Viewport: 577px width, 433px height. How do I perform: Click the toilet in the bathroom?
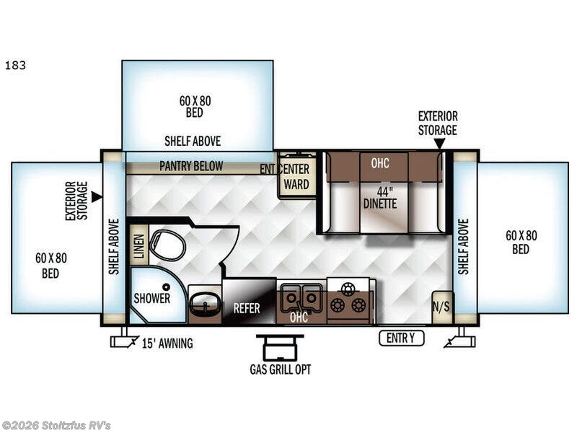[x=167, y=245]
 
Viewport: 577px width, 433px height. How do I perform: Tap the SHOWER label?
[x=152, y=298]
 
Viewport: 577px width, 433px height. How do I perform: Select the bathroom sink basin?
[x=204, y=304]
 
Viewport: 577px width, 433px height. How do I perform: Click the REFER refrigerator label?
[x=247, y=308]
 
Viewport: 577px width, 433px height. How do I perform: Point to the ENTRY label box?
[x=402, y=338]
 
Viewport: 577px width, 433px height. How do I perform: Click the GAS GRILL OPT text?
[x=281, y=369]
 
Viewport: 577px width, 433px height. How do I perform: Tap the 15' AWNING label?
[x=167, y=344]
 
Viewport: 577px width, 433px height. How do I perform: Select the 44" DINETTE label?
[x=381, y=198]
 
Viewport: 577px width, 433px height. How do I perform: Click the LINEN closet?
[x=139, y=245]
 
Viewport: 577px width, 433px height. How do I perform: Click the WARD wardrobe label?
[x=296, y=184]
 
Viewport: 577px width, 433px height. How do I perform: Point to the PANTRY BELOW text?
[x=191, y=166]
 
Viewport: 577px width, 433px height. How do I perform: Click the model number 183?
[x=15, y=66]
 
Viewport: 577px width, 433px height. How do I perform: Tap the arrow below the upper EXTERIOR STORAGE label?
[x=439, y=143]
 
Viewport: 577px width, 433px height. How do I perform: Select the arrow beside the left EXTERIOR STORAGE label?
[x=97, y=196]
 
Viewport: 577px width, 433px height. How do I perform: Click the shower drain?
[x=167, y=287]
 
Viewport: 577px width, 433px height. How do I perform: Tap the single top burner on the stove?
[x=348, y=289]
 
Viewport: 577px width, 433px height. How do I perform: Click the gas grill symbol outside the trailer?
[x=280, y=347]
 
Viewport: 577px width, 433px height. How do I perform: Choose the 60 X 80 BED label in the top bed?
[x=195, y=106]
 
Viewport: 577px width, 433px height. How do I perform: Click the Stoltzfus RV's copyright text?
[x=56, y=426]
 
